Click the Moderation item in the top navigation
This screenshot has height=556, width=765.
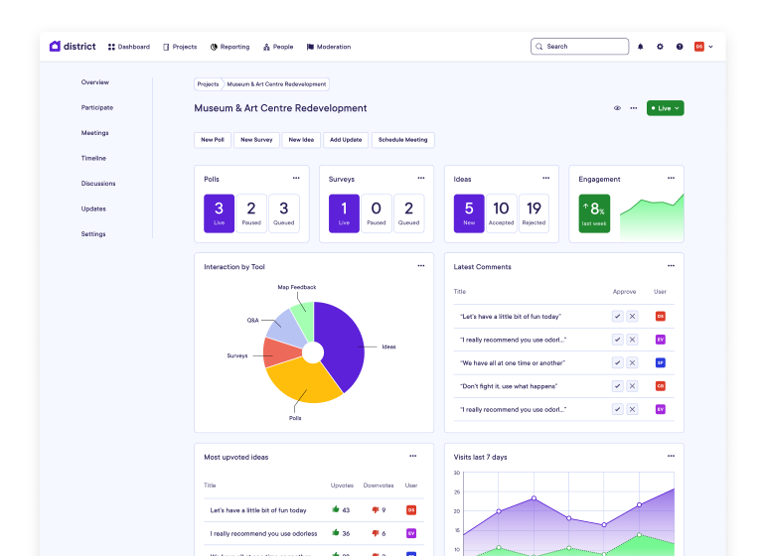tap(329, 47)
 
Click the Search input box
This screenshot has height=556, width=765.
tap(580, 47)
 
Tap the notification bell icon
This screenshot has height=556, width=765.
tap(640, 47)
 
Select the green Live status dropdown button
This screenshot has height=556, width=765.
tap(665, 108)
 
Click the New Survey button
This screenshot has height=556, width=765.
tap(255, 140)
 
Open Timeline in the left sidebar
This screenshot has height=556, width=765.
tap(93, 158)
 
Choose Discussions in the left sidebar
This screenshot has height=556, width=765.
tap(98, 184)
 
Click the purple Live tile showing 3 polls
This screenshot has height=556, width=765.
tap(219, 213)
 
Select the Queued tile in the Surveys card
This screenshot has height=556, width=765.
tap(408, 213)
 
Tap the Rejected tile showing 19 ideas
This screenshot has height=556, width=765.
tap(534, 213)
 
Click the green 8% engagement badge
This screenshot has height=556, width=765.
tap(594, 212)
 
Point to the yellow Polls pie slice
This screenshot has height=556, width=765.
tap(298, 382)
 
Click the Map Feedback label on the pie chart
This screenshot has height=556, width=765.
tap(296, 287)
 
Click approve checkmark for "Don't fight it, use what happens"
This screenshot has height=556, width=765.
tap(617, 386)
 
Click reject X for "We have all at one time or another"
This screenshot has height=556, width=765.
tap(632, 362)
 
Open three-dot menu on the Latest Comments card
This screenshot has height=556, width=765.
tap(671, 266)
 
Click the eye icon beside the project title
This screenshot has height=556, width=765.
tap(617, 108)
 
